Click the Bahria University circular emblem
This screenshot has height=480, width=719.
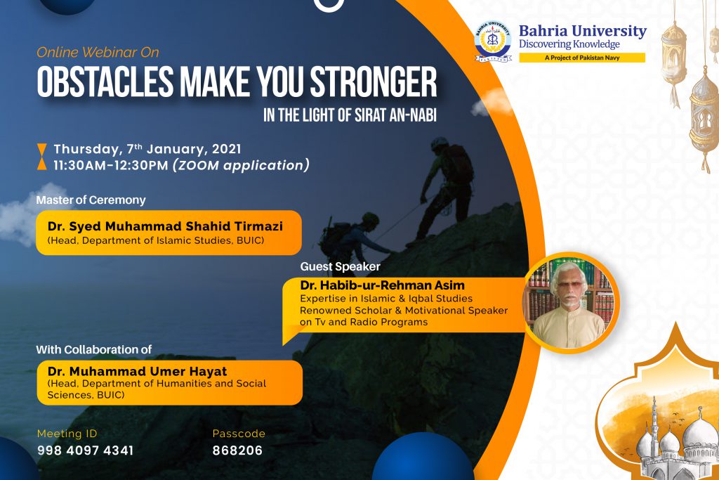tap(492, 41)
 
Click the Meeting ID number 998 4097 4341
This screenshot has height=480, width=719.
tap(85, 450)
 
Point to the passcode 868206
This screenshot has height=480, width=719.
tap(237, 450)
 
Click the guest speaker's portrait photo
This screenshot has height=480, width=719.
tap(570, 303)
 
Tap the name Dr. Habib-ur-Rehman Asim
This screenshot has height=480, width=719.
tap(383, 285)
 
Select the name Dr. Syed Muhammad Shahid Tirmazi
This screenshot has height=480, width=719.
tap(165, 226)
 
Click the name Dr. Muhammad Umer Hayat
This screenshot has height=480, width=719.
tap(137, 371)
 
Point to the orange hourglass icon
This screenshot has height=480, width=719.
tap(41, 157)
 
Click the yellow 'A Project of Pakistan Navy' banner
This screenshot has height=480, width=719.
tap(582, 58)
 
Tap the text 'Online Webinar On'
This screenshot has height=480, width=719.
tap(98, 52)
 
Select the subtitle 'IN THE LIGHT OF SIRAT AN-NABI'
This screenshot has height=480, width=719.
tap(350, 115)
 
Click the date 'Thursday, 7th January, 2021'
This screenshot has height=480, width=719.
tap(147, 149)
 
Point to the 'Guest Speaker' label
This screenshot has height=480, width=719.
tap(341, 266)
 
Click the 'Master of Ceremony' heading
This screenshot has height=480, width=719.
tap(91, 200)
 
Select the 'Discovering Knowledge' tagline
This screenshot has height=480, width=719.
tap(569, 44)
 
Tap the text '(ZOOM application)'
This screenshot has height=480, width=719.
tap(242, 165)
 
